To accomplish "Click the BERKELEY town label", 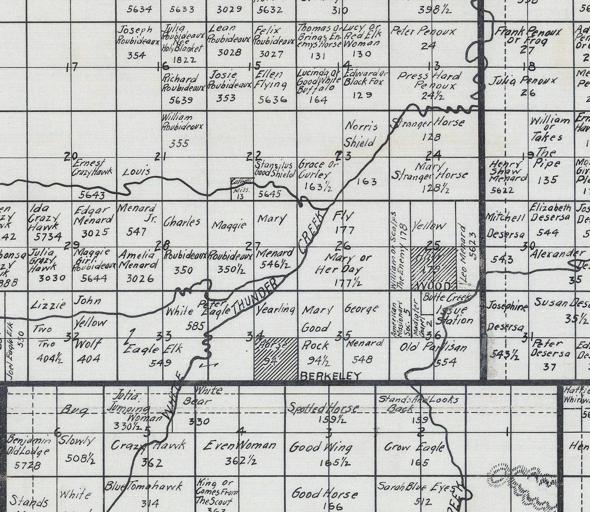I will point(330,376).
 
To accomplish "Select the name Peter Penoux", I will point(423,31).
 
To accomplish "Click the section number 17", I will point(72,67).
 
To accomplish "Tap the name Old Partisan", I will point(433,347).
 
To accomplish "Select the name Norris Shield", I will point(361,134).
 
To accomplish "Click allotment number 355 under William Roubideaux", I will point(179,143).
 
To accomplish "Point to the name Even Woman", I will point(239,446).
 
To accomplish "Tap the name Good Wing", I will point(321,447).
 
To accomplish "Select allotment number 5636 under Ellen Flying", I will point(272,99).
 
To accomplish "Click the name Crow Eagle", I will point(415,447).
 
